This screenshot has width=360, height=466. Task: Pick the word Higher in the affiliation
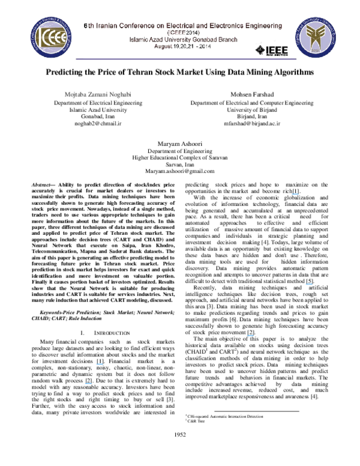tap(139, 157)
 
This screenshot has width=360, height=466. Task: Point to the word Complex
tap(190, 157)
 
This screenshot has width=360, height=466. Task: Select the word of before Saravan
tap(205, 157)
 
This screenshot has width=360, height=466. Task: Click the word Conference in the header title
tap(135, 26)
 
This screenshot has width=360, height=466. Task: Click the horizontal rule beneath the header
tap(186, 59)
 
